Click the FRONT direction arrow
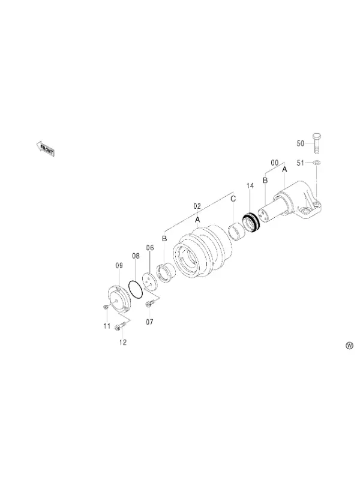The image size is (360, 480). [46, 148]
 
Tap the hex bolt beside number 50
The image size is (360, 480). [317, 143]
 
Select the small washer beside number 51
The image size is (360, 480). [317, 161]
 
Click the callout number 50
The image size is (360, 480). [301, 143]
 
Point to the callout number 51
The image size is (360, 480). [301, 163]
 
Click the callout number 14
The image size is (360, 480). [250, 186]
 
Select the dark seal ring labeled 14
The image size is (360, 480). [251, 223]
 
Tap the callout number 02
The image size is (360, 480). [197, 206]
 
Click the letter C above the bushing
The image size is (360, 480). [233, 199]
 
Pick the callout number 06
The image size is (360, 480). [149, 248]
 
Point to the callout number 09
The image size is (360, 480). [119, 265]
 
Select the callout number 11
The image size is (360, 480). [107, 326]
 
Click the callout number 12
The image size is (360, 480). [123, 342]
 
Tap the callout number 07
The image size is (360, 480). [149, 322]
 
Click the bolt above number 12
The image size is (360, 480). [119, 326]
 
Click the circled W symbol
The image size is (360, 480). [349, 346]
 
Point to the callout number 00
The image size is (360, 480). [275, 163]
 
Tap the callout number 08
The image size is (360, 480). [136, 256]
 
